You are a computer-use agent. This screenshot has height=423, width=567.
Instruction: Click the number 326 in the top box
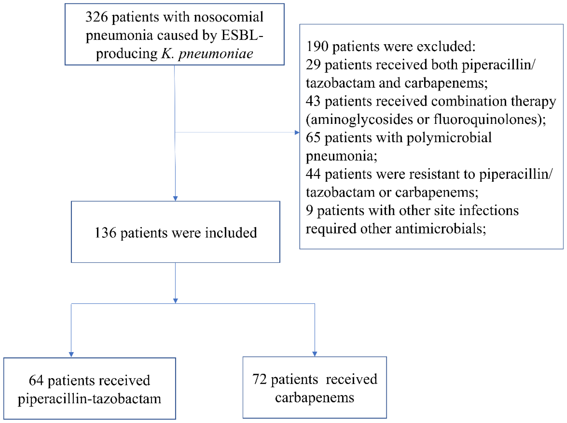click(97, 17)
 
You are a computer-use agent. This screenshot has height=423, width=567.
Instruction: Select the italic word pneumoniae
click(216, 54)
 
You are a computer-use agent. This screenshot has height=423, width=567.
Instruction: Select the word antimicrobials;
click(440, 229)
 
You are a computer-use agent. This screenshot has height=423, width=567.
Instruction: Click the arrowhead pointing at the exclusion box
click(297, 132)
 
